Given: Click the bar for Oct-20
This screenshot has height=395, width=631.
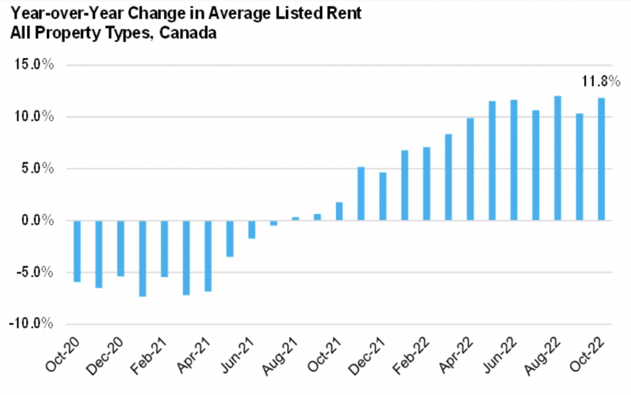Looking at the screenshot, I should coord(77,251).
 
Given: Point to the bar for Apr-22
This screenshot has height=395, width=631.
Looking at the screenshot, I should coord(470,169).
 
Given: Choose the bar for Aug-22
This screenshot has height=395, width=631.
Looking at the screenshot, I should coord(558,159).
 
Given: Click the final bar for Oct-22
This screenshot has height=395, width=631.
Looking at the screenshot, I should coord(601,159).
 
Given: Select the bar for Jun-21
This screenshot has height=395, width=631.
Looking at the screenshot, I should coord(252,229).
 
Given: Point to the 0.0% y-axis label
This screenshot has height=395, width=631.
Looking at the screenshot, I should coord(36,221).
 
